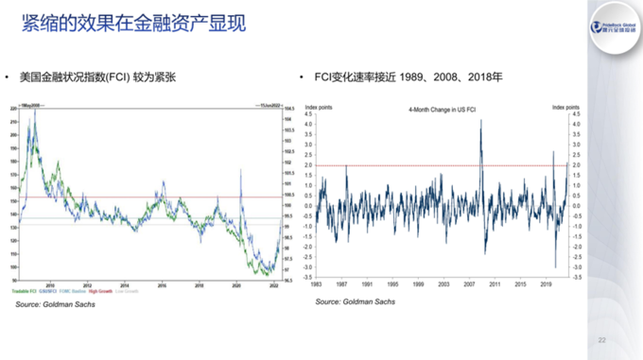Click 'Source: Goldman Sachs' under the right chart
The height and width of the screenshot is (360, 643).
[356, 301]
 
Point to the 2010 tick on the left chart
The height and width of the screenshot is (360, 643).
[50, 283]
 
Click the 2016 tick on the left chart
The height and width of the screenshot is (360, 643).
[162, 283]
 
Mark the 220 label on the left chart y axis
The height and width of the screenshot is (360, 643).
[12, 111]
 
